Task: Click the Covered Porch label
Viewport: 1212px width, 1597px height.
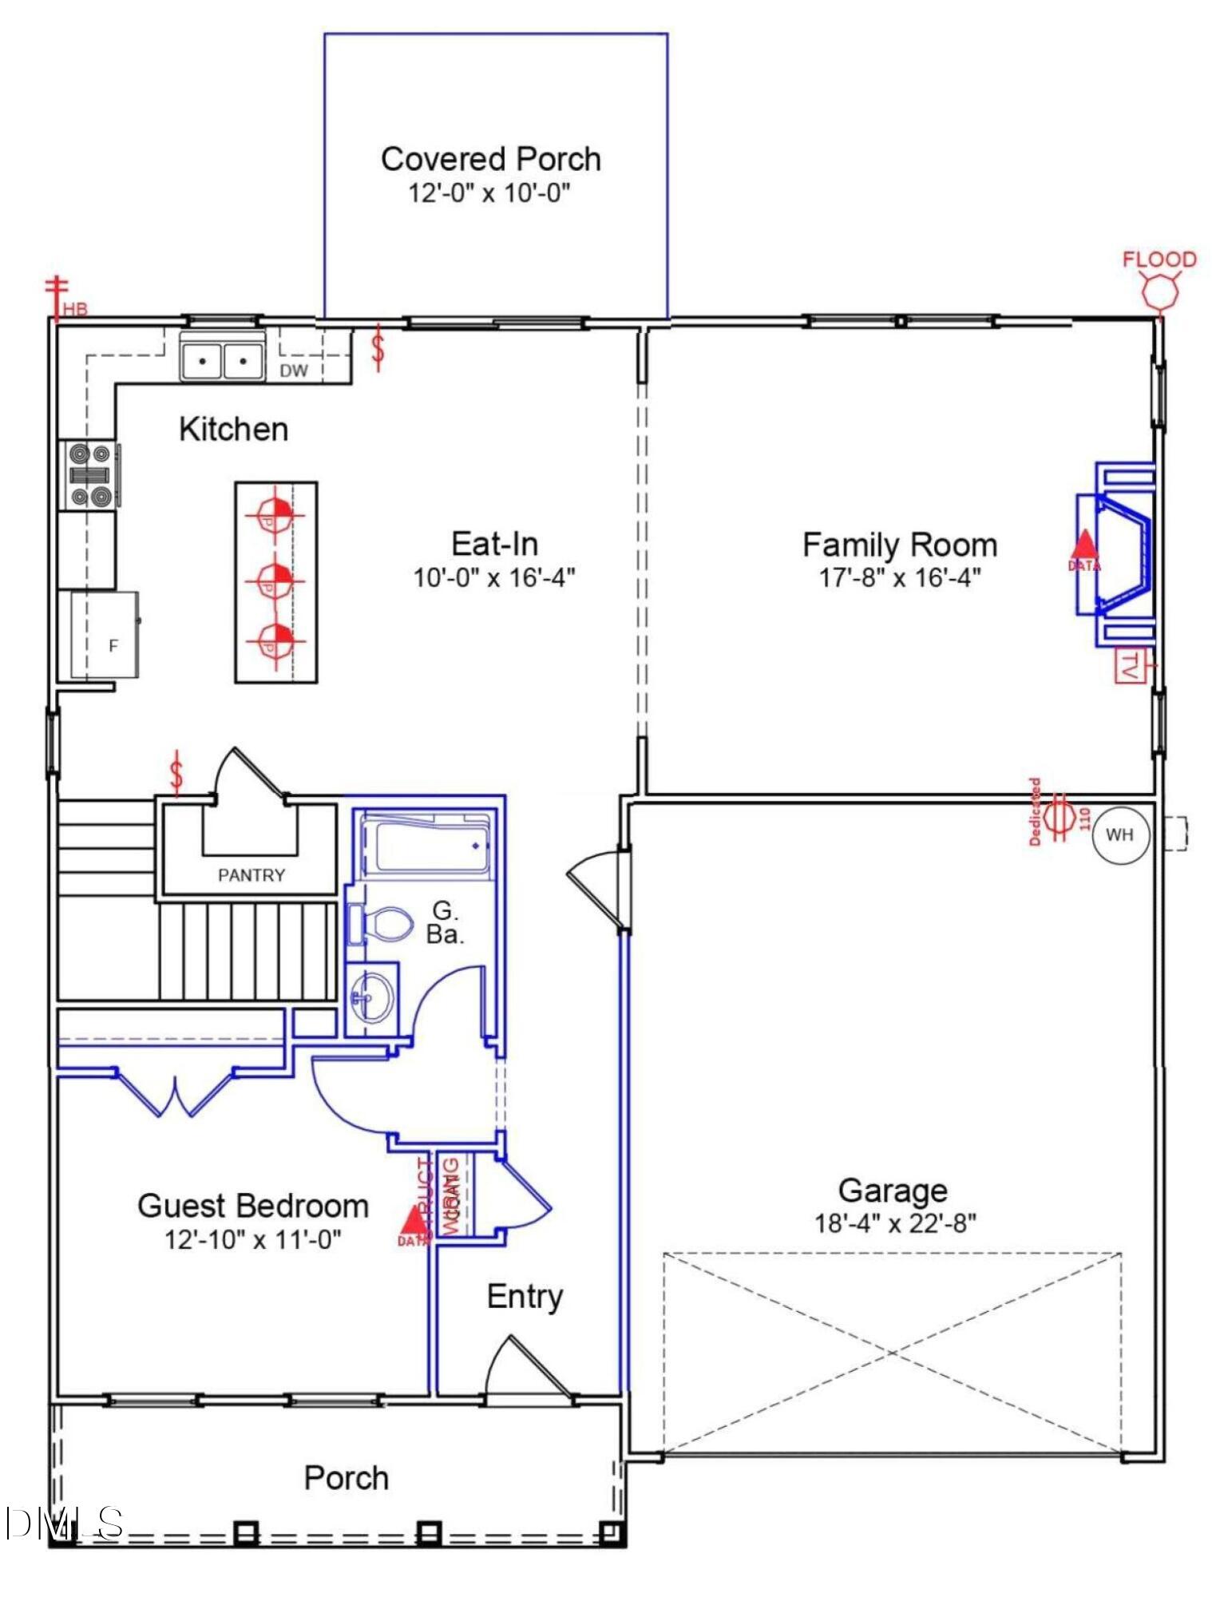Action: (x=490, y=159)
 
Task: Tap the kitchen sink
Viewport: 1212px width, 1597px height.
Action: (x=222, y=360)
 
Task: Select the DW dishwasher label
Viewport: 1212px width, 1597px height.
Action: (x=294, y=371)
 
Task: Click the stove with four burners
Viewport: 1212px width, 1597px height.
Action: (x=89, y=475)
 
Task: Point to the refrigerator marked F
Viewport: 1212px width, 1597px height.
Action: (x=105, y=636)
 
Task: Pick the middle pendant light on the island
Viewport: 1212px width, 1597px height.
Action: (x=275, y=580)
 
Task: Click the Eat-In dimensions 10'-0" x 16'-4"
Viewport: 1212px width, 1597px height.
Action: (x=493, y=577)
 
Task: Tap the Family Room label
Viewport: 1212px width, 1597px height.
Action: (x=899, y=545)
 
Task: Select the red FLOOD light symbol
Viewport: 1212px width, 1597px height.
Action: (x=1159, y=291)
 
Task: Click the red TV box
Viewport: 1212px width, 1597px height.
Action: (x=1129, y=666)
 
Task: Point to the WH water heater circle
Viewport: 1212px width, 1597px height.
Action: (x=1119, y=835)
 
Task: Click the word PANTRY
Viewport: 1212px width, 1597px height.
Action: (x=252, y=875)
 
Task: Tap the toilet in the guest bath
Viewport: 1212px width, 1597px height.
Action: (x=383, y=924)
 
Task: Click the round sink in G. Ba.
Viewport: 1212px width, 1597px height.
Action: (x=372, y=996)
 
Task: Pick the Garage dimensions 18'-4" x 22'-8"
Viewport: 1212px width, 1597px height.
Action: (x=895, y=1223)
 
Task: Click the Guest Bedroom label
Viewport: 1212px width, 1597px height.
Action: (x=253, y=1206)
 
